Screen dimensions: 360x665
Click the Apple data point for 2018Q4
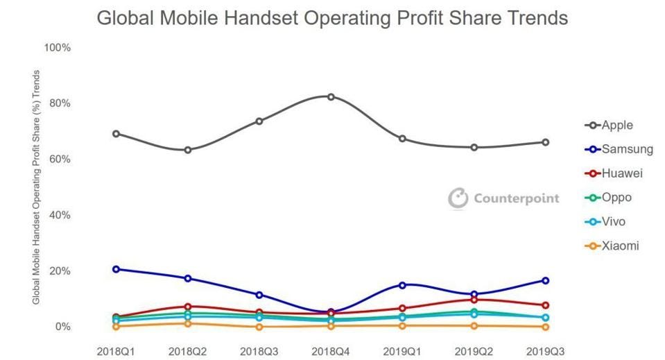coord(331,96)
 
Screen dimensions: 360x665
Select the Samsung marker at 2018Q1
coord(116,269)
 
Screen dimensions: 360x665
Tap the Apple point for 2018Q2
coord(188,150)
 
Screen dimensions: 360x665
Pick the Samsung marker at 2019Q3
coord(546,281)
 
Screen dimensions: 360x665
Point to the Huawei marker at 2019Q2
coord(474,299)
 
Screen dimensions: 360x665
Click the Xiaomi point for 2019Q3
coord(546,327)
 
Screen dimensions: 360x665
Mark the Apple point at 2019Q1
coord(402,139)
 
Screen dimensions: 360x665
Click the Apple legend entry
coord(616,126)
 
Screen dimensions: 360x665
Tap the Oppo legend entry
coord(616,198)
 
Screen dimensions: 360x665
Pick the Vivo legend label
coord(614,222)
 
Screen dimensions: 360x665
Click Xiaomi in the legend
coord(620,246)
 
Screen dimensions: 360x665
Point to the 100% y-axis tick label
coord(57,48)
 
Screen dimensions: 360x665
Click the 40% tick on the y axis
coord(60,215)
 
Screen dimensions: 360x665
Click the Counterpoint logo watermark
coord(503,198)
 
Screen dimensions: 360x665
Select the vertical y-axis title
coord(37,187)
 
